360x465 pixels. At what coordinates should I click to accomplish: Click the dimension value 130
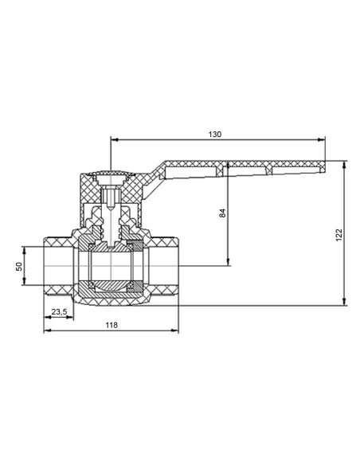[x=215, y=135]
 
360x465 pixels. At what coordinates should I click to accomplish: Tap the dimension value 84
[x=222, y=213]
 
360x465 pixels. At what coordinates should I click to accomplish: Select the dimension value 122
[x=338, y=235]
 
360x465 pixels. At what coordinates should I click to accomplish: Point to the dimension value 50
[x=19, y=266]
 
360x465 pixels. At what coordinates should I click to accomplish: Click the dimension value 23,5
[x=59, y=311]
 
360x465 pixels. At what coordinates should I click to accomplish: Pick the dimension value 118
[x=112, y=325]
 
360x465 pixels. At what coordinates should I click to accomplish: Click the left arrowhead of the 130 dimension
[x=115, y=139]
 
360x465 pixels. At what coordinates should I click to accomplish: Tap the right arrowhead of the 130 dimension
[x=321, y=139]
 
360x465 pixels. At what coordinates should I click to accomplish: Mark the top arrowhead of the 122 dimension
[x=344, y=165]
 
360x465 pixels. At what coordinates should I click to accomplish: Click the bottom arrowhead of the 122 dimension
[x=344, y=301]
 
